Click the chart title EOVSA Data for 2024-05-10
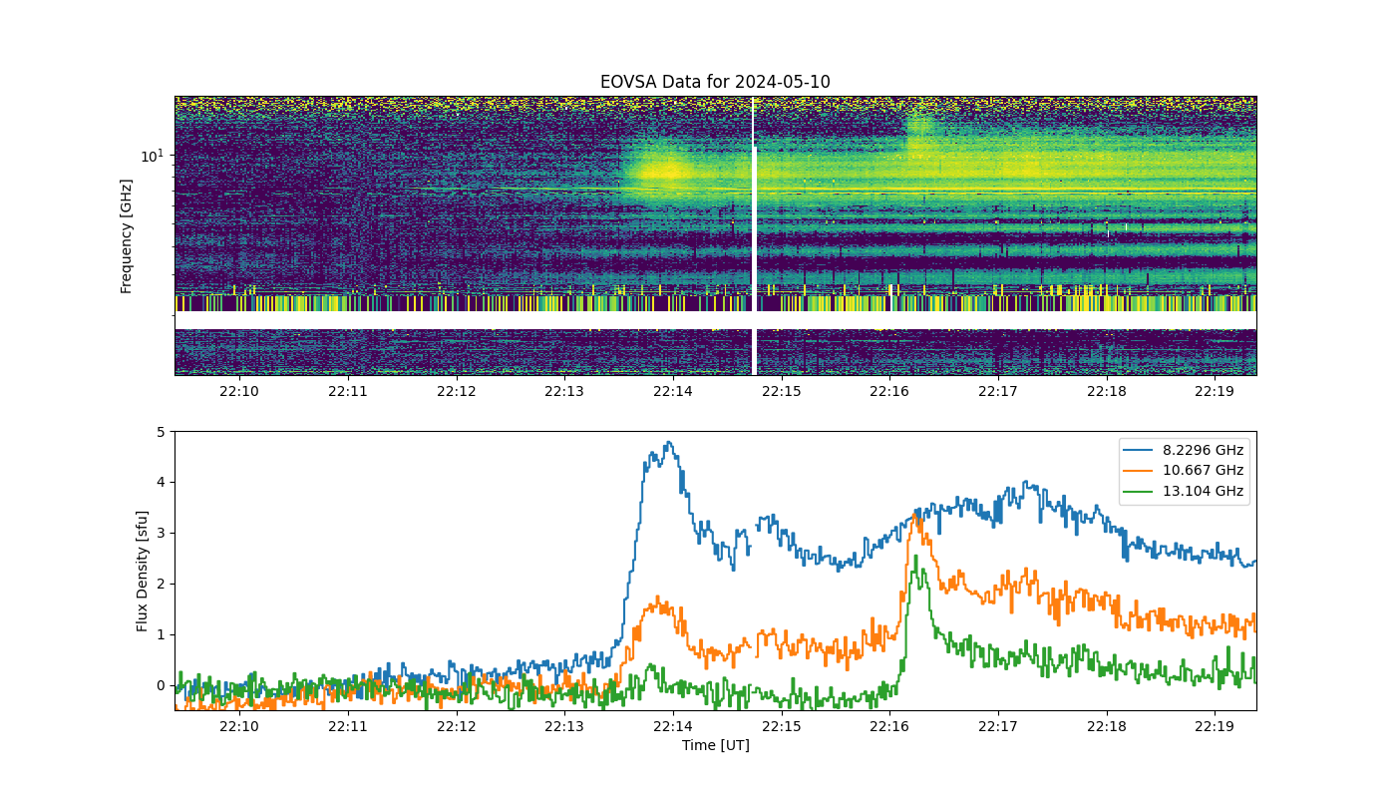(715, 82)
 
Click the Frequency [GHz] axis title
(126, 236)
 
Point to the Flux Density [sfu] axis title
(142, 571)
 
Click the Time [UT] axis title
(716, 745)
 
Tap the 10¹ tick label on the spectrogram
(152, 156)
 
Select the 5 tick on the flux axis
(161, 431)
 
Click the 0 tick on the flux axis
(161, 685)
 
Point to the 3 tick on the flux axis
(161, 533)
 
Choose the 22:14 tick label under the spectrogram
(672, 391)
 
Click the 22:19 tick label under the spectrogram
(1215, 391)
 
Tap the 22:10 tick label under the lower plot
(238, 726)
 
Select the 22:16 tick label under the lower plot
(889, 726)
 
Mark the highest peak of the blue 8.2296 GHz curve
(669, 442)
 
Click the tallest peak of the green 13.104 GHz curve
(915, 557)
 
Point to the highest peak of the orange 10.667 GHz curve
(914, 514)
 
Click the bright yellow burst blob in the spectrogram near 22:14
(664, 171)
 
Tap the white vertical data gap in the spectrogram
(754, 235)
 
